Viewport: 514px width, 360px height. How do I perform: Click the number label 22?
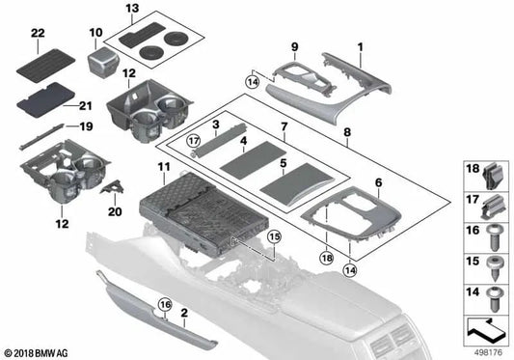[38, 35]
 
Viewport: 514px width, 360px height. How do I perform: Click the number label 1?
[360, 46]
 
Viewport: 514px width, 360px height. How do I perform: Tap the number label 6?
[377, 182]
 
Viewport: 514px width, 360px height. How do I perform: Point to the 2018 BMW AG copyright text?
[36, 353]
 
